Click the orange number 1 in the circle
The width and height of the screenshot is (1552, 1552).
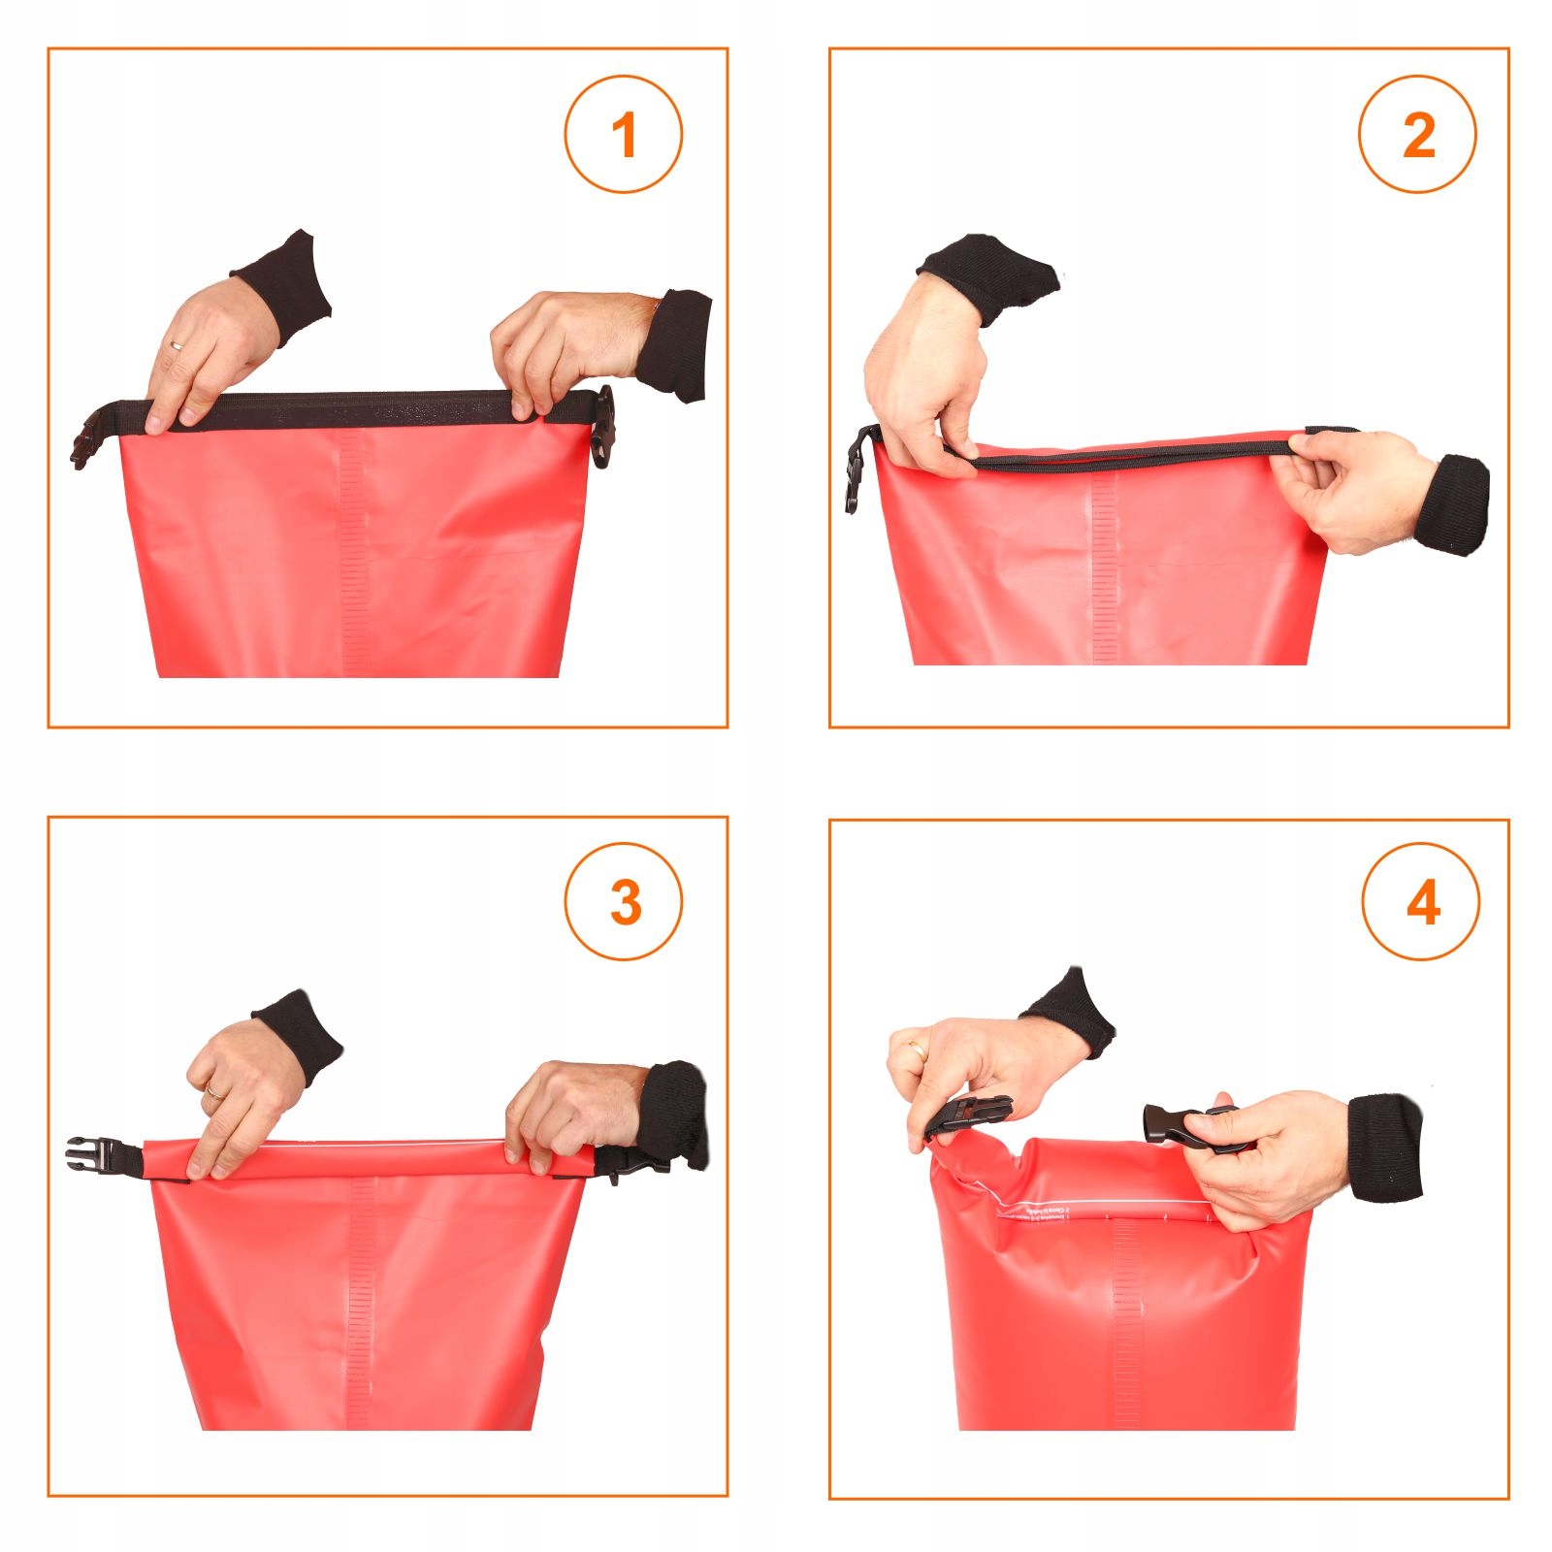pyautogui.click(x=624, y=135)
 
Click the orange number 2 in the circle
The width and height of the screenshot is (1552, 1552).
pyautogui.click(x=1418, y=135)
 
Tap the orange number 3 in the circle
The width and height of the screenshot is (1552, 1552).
pyautogui.click(x=625, y=902)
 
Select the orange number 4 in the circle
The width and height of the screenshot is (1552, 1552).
pyautogui.click(x=1422, y=904)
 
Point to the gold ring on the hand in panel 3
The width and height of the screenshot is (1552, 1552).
pyautogui.click(x=212, y=1092)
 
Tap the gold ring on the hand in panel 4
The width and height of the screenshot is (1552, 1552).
pyautogui.click(x=916, y=1047)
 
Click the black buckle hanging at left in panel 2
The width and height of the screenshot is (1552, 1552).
pyautogui.click(x=857, y=469)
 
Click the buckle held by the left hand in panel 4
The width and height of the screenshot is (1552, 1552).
pyautogui.click(x=970, y=1115)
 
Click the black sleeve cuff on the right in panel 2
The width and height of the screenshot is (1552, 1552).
pyautogui.click(x=1455, y=504)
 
